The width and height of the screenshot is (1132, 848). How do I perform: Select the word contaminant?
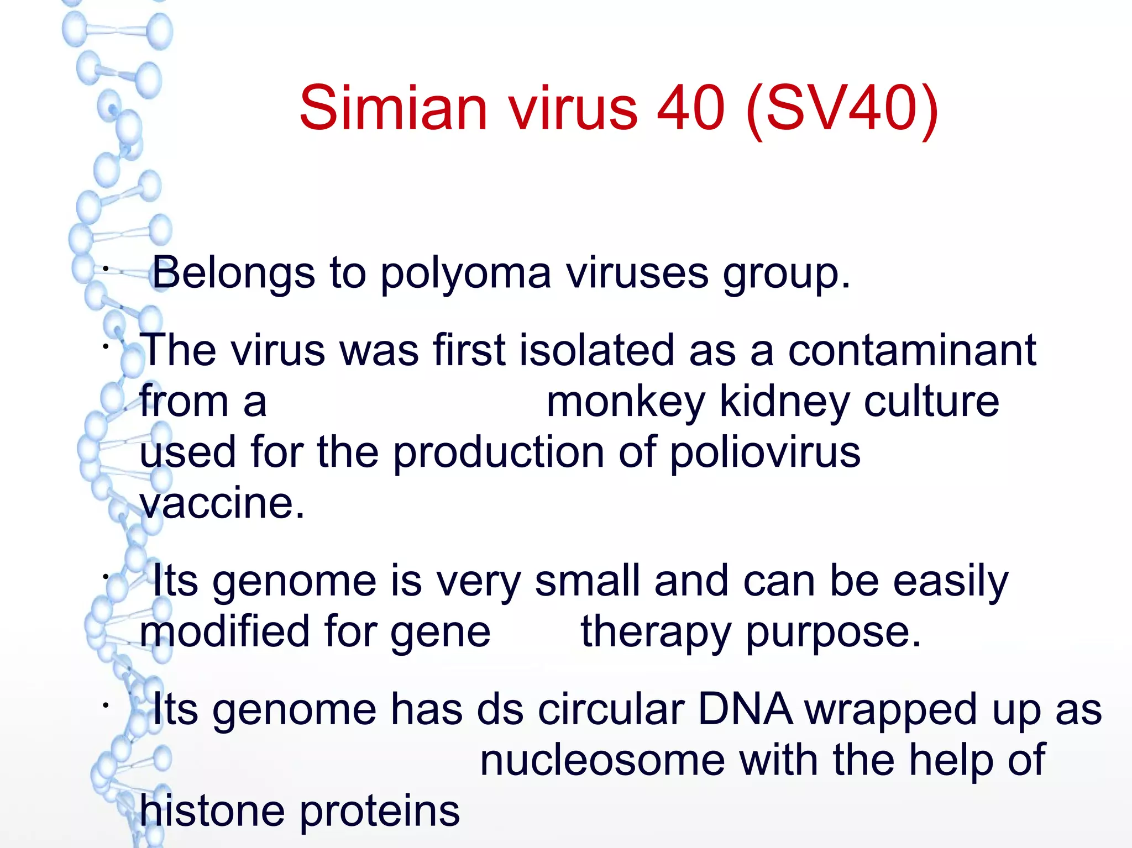pyautogui.click(x=911, y=350)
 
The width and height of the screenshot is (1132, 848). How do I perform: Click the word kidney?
pyautogui.click(x=784, y=402)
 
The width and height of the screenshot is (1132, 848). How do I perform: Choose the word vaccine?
pyautogui.click(x=221, y=504)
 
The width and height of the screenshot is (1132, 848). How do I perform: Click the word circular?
pyautogui.click(x=611, y=710)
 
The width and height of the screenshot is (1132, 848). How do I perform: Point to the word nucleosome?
pyautogui.click(x=602, y=761)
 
